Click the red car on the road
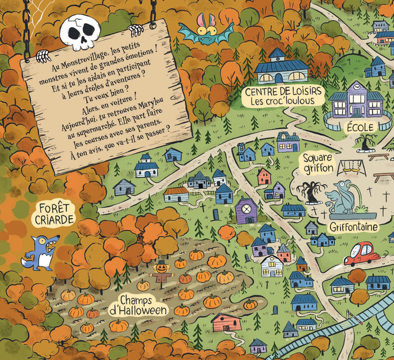coord(362,254)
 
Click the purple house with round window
coord(246,211)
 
